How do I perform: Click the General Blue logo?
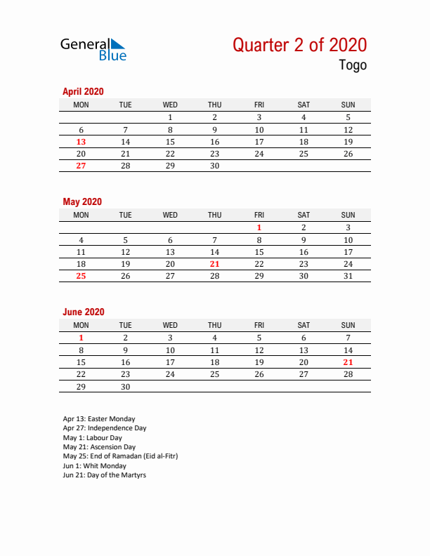(x=93, y=48)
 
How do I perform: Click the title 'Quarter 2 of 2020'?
(x=299, y=45)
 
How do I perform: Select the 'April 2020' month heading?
(x=83, y=91)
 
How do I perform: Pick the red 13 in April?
(x=81, y=142)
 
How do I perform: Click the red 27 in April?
(x=81, y=166)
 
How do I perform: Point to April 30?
(x=214, y=166)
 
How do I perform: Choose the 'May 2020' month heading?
(x=82, y=201)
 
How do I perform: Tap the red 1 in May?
(x=259, y=227)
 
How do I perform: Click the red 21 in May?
(x=214, y=264)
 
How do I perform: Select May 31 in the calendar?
(x=348, y=276)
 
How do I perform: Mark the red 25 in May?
(x=81, y=276)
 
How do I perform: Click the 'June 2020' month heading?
(x=83, y=312)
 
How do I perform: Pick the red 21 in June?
(x=348, y=362)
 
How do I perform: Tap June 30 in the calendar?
(x=125, y=386)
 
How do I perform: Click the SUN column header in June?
(x=348, y=325)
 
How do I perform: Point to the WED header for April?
(x=170, y=105)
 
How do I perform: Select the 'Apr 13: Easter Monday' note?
(x=99, y=419)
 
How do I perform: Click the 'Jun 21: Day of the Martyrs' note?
(x=104, y=475)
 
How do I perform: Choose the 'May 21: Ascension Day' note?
(x=99, y=446)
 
